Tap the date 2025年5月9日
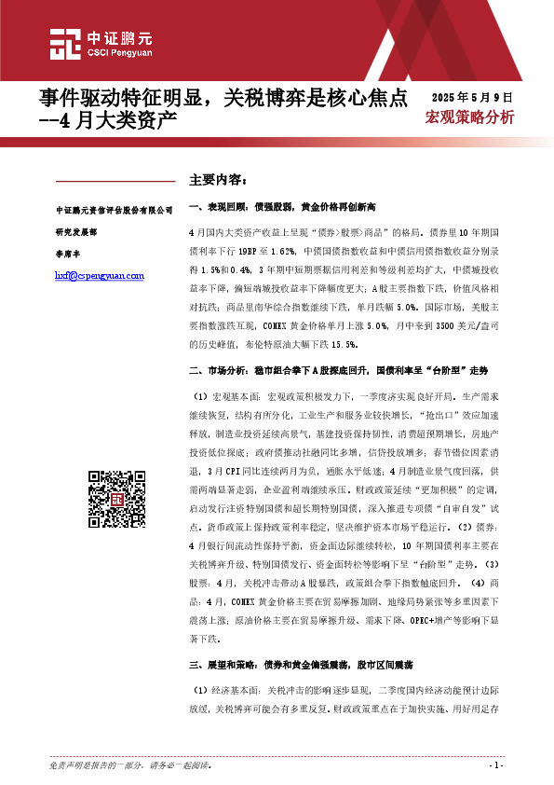[x=473, y=96]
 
